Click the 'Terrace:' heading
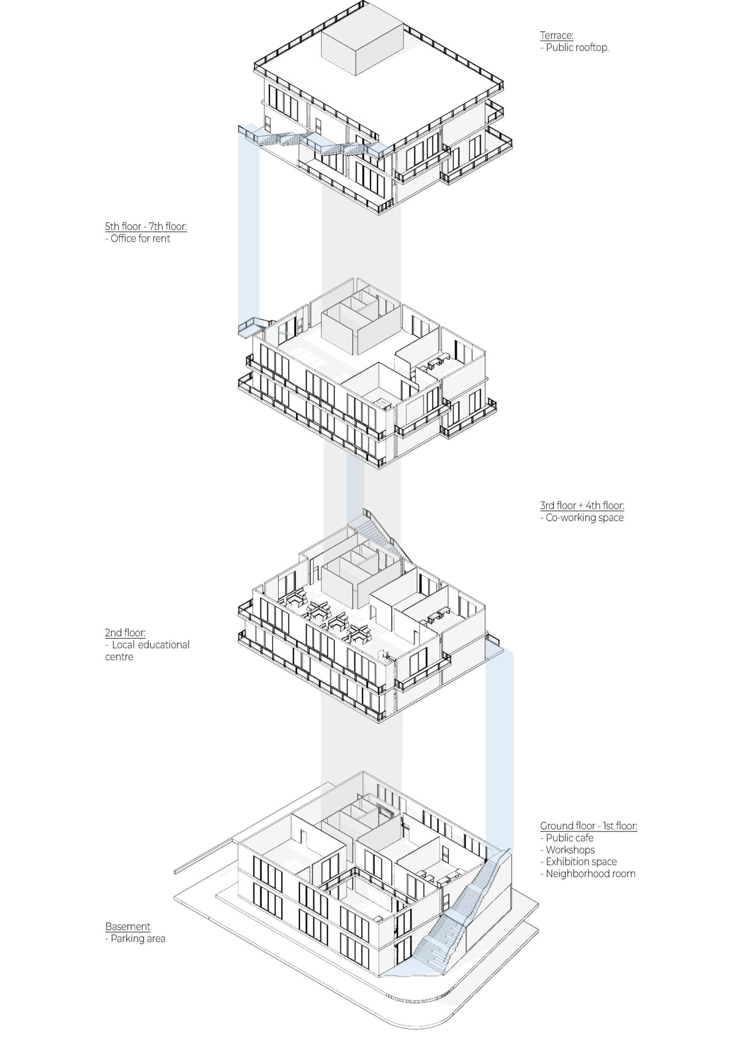tap(556, 36)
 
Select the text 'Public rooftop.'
tap(577, 48)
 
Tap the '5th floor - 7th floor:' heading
tap(146, 226)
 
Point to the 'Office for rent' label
tap(140, 239)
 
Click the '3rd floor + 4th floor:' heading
tap(582, 505)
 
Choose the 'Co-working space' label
tap(584, 518)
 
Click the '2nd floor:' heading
tap(125, 633)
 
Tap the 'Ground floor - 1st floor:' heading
tap(588, 826)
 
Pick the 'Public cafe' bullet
tap(570, 838)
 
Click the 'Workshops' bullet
tap(570, 850)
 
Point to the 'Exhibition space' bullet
tap(581, 862)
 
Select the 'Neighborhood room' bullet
tap(590, 874)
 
